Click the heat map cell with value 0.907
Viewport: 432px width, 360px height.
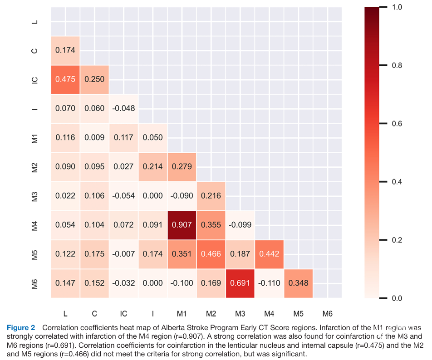pos(182,225)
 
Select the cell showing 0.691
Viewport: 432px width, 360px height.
pos(240,283)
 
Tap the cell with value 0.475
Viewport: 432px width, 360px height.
pos(65,79)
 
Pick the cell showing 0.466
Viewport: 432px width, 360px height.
pos(211,254)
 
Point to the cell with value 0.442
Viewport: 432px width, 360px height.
pos(269,254)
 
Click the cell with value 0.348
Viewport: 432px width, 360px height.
pos(298,283)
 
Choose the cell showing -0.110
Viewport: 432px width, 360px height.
pos(269,283)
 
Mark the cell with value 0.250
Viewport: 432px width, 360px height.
pos(94,79)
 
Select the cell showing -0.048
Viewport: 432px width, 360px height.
pos(123,108)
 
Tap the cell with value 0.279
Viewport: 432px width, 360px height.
pos(182,167)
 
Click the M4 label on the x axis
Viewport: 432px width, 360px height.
pos(269,313)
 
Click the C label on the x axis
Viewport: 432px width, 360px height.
pos(94,313)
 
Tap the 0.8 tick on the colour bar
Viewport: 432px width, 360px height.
pos(396,65)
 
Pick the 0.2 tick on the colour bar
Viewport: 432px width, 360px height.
pos(396,240)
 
